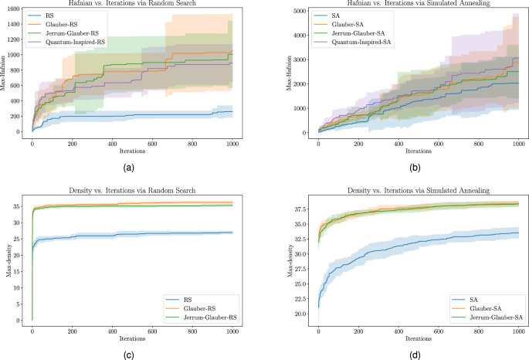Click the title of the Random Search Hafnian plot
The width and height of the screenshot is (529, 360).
[131, 4]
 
